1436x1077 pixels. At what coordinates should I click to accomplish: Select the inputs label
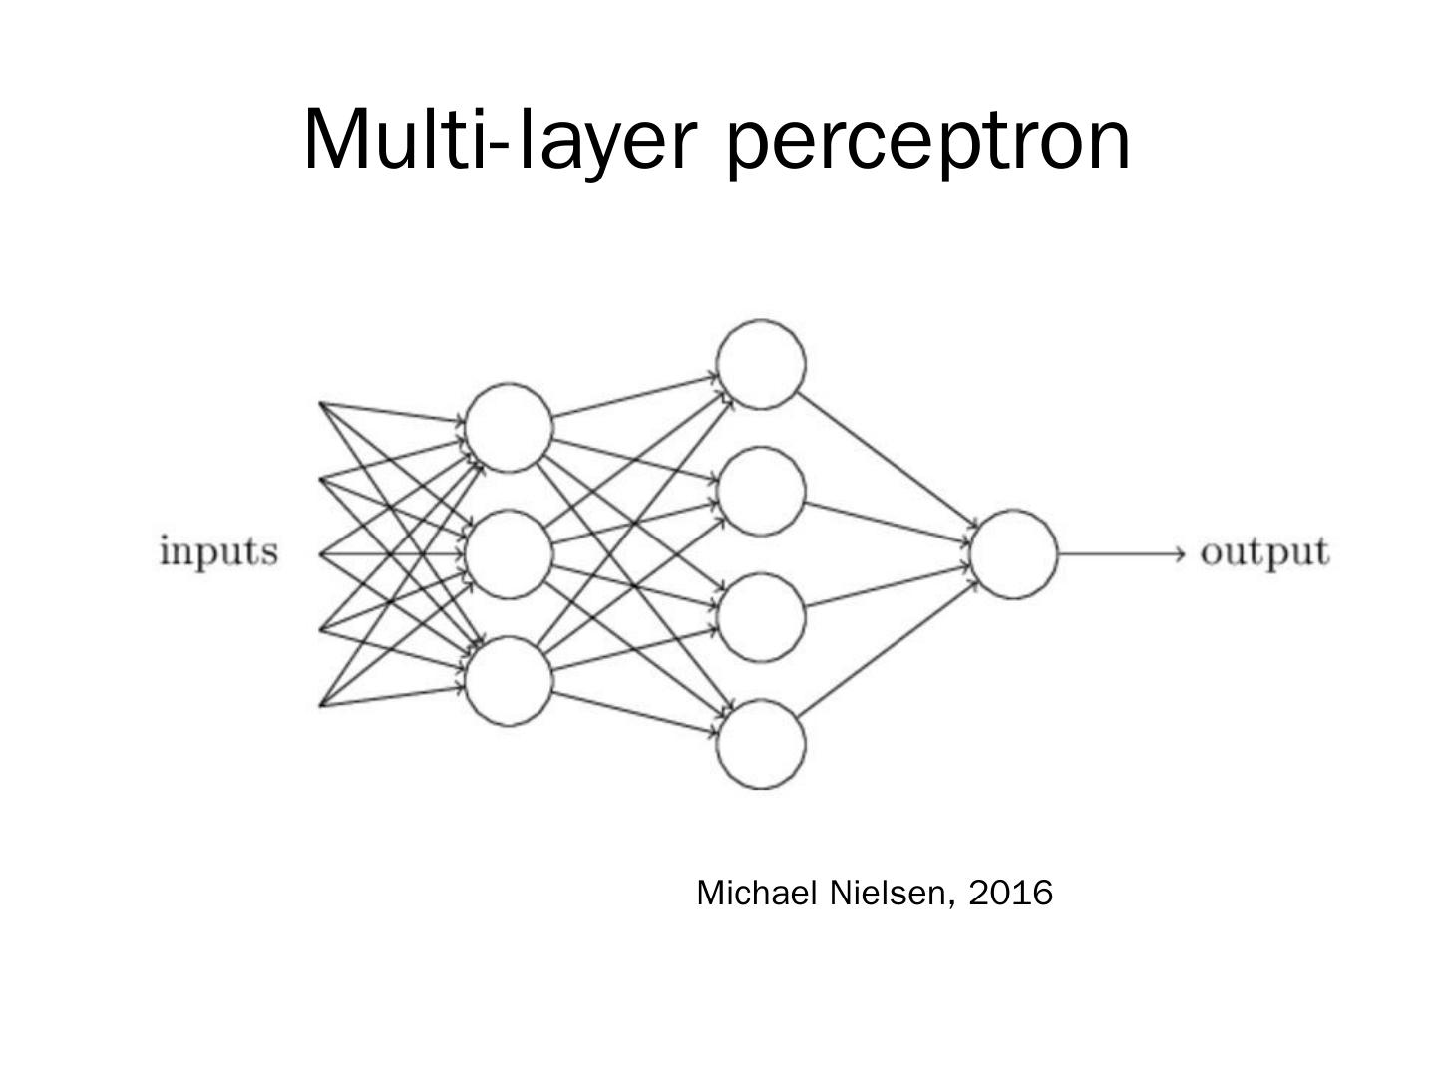tap(218, 551)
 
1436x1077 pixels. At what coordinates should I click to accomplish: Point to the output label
tap(1264, 552)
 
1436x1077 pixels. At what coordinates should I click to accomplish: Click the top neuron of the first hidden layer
tap(509, 427)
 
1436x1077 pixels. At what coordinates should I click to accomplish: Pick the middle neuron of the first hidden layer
tap(509, 553)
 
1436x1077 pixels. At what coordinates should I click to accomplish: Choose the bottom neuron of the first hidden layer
tap(509, 681)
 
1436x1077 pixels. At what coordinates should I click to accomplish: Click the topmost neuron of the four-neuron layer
tap(761, 364)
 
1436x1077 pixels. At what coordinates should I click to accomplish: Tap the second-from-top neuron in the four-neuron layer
tap(761, 491)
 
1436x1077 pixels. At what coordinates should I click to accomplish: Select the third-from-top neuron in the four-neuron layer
tap(761, 616)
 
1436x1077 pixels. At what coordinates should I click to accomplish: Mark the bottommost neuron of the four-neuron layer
tap(761, 744)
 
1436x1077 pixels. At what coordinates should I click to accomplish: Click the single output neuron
tap(1013, 553)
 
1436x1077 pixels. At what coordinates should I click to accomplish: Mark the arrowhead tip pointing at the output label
tap(1183, 553)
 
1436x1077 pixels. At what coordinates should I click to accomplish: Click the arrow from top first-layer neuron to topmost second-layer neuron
tap(634, 396)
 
